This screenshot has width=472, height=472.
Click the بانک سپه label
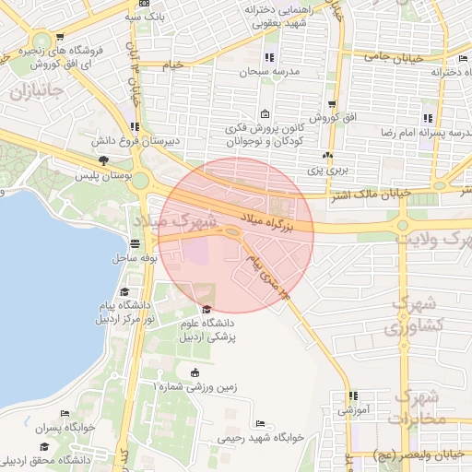155,17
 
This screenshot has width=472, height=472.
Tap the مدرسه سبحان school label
270,71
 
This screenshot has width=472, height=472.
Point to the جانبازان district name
36,91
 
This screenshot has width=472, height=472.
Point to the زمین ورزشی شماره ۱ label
196,387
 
